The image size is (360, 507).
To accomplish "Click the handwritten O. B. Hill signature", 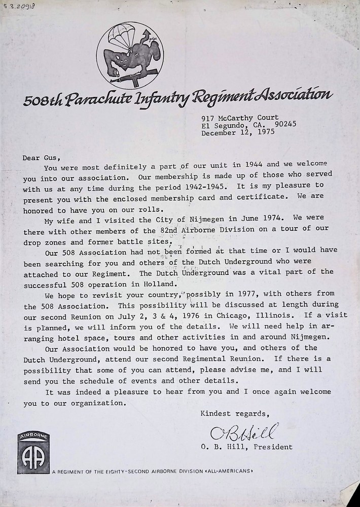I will [x=245, y=433].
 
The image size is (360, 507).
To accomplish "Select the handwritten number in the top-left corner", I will [x=16, y=7].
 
